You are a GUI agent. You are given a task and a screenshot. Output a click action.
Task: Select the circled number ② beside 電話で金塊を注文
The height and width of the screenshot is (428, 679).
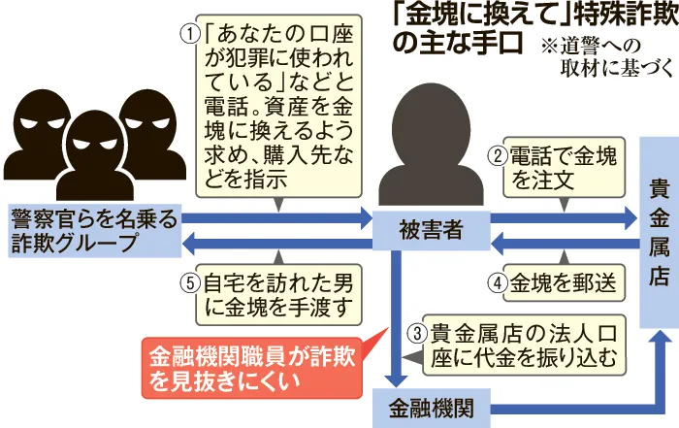click(x=494, y=154)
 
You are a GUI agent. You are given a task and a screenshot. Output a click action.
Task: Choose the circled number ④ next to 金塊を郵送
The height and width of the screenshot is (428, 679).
click(x=494, y=284)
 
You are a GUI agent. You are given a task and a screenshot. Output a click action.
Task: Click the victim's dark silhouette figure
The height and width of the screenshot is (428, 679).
click(x=430, y=146)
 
